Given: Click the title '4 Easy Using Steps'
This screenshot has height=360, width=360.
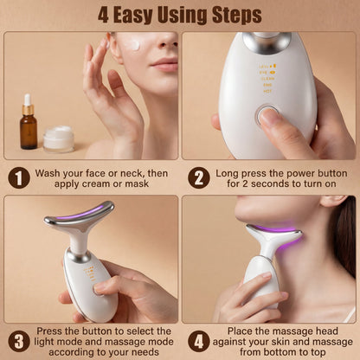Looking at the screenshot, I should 180,15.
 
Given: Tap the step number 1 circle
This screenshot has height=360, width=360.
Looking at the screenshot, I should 18,177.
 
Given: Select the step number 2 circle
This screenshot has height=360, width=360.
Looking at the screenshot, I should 198,177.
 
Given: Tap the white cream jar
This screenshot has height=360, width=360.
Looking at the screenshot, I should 59,138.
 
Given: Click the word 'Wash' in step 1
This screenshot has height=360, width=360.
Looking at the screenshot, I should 51,172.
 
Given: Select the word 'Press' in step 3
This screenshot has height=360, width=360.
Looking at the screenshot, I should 50,330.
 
